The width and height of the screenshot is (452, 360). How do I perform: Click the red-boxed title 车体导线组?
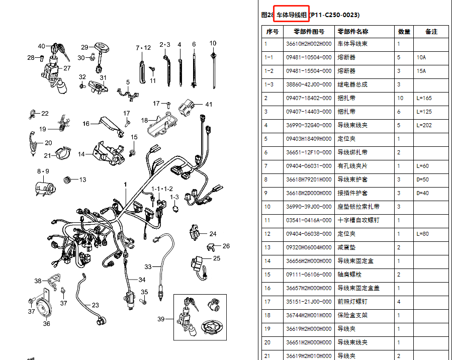pyautogui.click(x=292, y=15)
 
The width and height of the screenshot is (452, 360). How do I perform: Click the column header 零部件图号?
pyautogui.click(x=309, y=31)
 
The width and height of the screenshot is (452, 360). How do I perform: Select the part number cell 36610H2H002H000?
pyautogui.click(x=309, y=44)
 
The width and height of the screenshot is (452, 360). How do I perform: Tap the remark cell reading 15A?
pyautogui.click(x=421, y=71)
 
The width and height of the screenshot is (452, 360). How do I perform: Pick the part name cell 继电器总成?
pyautogui.click(x=352, y=84)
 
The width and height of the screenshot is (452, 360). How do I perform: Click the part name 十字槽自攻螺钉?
pyautogui.click(x=358, y=220)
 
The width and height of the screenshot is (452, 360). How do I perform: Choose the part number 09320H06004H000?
pyautogui.click(x=309, y=247)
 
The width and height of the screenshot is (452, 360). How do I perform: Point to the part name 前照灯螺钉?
pyautogui.click(x=352, y=302)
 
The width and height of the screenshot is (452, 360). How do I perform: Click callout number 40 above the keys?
pyautogui.click(x=42, y=46)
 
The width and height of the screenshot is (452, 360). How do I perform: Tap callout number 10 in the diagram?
pyautogui.click(x=213, y=43)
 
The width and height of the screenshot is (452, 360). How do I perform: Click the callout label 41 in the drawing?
pyautogui.click(x=209, y=105)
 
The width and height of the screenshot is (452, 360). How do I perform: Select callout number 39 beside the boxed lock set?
pyautogui.click(x=161, y=319)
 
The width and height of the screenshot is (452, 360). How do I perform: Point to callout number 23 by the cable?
pyautogui.click(x=95, y=305)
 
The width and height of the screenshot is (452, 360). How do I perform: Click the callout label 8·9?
pyautogui.click(x=43, y=171)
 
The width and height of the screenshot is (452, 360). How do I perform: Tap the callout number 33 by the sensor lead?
pyautogui.click(x=148, y=266)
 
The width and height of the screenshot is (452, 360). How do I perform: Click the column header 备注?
pyautogui.click(x=431, y=31)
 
